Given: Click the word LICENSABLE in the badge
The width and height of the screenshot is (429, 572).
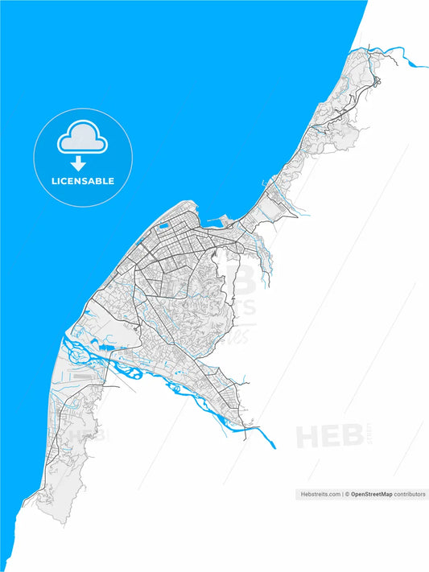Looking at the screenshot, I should (83, 181).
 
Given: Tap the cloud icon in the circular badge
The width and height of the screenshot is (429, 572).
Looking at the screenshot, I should (82, 138).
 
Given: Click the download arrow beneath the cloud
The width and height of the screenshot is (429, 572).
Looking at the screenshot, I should (79, 163).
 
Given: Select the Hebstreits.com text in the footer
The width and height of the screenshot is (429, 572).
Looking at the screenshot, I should (320, 494).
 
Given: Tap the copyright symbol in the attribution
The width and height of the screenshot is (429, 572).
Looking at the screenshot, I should (347, 494).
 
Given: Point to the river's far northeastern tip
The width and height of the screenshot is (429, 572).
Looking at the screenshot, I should (426, 64).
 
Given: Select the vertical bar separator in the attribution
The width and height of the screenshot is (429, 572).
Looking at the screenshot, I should (341, 494).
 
